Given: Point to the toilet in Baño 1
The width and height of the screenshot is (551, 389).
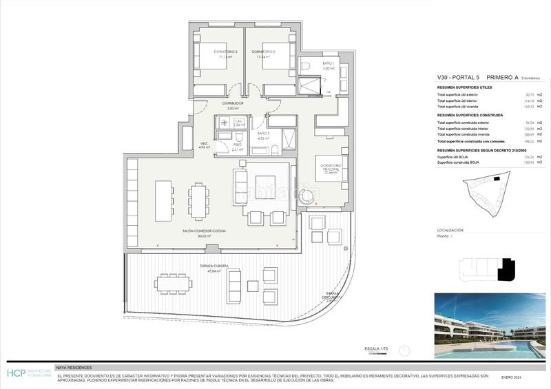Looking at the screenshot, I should point(306,67).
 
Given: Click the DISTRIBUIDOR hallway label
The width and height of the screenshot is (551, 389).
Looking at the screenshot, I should point(233,103).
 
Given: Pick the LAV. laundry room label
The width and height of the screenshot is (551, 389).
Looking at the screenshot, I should point(239,121).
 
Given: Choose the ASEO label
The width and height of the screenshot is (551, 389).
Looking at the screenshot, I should point(236,145).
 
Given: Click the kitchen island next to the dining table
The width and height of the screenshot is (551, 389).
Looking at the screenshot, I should point(163,200).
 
